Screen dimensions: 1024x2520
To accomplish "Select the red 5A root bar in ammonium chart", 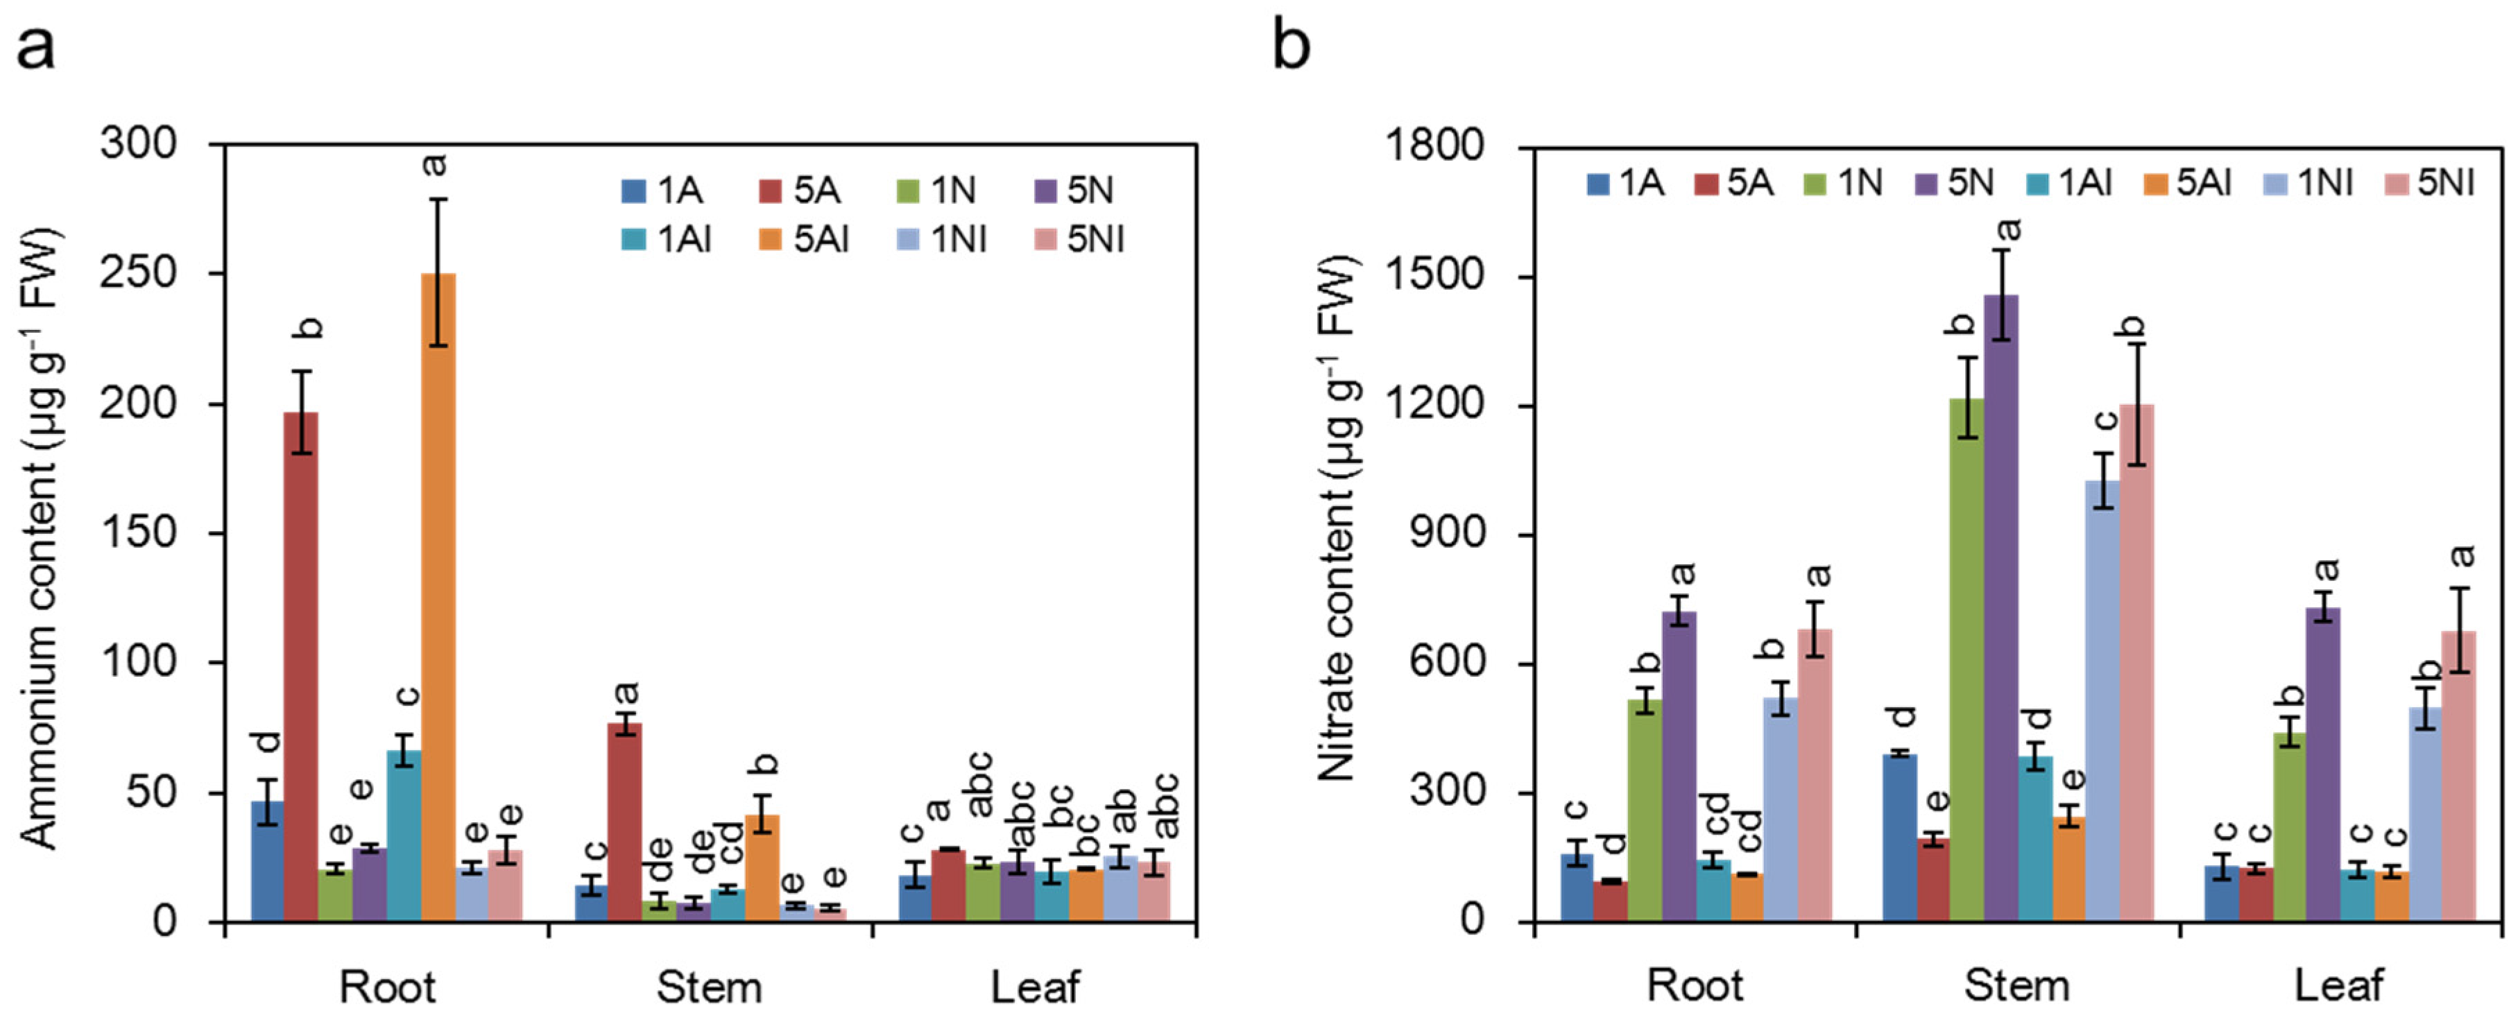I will tap(300, 665).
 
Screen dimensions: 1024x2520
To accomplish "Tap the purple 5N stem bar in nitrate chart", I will tap(2000, 607).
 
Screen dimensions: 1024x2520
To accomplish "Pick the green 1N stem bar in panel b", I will tap(1966, 660).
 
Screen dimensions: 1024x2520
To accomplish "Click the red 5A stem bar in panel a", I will tap(624, 822).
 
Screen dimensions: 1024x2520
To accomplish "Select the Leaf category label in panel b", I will tap(2338, 985).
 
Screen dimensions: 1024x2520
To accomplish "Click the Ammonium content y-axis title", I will tap(41, 538).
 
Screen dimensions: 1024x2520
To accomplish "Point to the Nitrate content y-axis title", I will tap(1338, 519).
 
